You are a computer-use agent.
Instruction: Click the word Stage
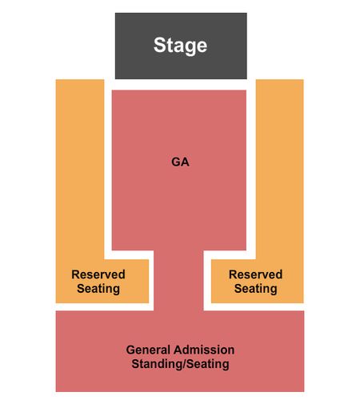(x=180, y=46)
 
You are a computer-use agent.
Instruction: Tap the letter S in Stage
(x=159, y=45)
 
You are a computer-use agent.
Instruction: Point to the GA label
(x=180, y=162)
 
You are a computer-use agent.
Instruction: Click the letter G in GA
(x=176, y=162)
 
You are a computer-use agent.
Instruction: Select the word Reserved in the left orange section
(x=98, y=274)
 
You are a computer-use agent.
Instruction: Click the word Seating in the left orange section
(x=98, y=289)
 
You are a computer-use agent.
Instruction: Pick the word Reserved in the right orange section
(x=255, y=274)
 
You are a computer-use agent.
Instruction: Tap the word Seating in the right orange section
(x=255, y=289)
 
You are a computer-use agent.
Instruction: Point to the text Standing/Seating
(x=180, y=364)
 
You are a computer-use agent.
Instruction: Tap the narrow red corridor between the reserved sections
(x=178, y=281)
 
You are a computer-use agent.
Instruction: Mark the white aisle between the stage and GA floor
(x=180, y=85)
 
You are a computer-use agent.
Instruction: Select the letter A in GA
(x=185, y=162)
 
